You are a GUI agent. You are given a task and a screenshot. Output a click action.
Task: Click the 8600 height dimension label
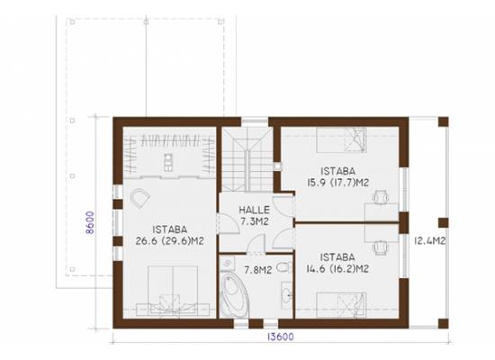pos(90,222)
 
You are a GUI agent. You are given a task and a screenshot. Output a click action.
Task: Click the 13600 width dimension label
pos(281,337)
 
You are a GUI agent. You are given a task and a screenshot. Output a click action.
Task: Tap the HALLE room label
pos(254,210)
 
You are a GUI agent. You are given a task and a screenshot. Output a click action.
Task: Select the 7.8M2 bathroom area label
pos(258,270)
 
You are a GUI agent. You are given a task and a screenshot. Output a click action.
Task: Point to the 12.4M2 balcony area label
pos(430,241)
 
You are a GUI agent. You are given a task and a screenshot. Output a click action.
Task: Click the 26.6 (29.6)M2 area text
pos(169,241)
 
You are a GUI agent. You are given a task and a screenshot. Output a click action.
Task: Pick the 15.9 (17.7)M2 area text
pos(338,183)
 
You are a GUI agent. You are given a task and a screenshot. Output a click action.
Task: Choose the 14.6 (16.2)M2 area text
pos(337,269)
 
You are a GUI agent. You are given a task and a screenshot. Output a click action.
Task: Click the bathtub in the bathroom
pos(235,295)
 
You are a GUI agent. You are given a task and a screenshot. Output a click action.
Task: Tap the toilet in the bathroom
pos(283,267)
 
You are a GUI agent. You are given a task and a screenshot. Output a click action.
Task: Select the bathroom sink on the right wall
pos(287,295)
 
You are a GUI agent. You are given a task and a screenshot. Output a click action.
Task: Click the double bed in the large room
pos(173,291)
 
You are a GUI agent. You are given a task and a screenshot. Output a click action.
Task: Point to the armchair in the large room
pos(139,198)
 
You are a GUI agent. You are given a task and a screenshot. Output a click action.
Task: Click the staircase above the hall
pos(247,158)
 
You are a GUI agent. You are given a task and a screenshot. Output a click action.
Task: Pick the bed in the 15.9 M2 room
pos(341,139)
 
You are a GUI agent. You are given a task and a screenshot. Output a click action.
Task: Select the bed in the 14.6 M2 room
pos(341,305)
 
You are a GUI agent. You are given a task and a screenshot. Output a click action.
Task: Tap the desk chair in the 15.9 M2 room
pos(381,197)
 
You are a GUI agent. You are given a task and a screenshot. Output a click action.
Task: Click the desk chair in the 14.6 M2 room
pos(381,247)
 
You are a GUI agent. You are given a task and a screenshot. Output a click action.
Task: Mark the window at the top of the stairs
pos(255,121)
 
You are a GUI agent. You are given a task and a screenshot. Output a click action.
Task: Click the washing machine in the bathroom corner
pos(227,264)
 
